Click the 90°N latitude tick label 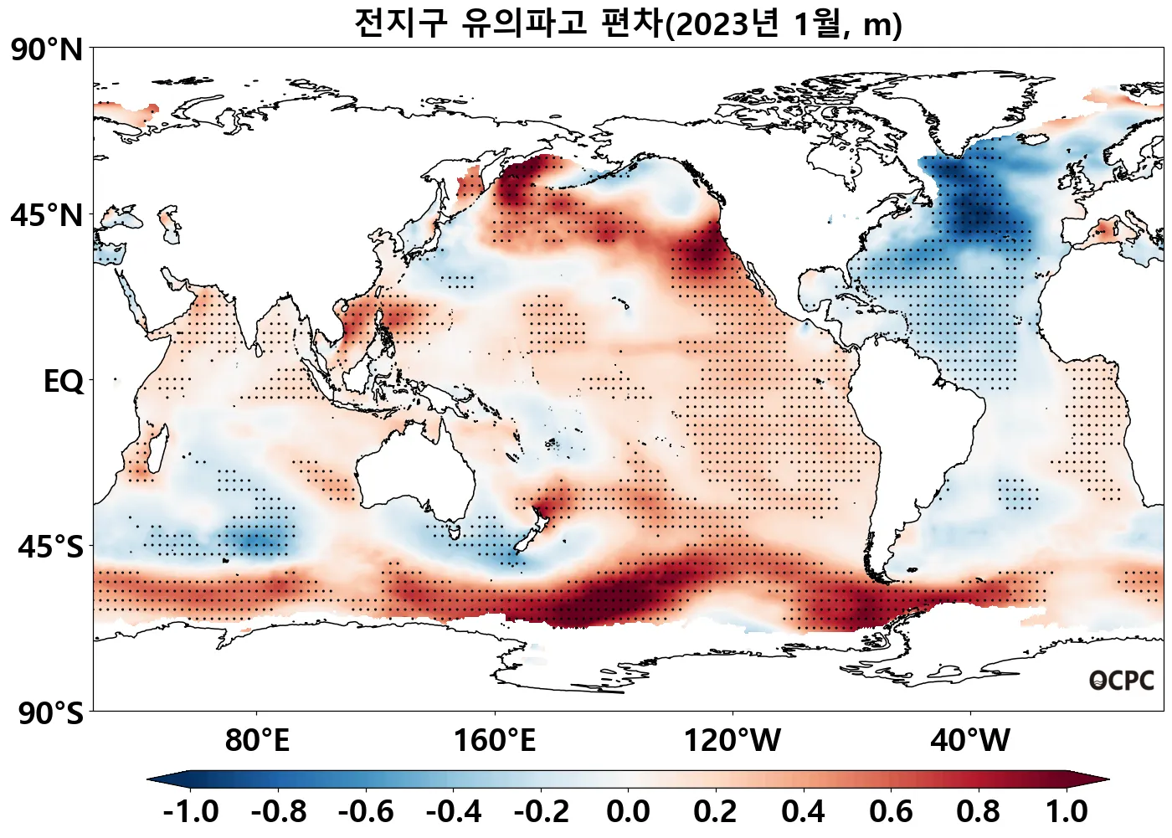pyautogui.click(x=47, y=50)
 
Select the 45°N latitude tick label pyautogui.click(x=47, y=215)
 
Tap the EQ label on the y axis pyautogui.click(x=64, y=382)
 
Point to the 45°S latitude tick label pyautogui.click(x=50, y=548)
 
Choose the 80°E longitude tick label pyautogui.click(x=257, y=741)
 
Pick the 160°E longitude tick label pyautogui.click(x=495, y=741)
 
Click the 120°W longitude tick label pyautogui.click(x=732, y=741)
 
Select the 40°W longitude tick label pyautogui.click(x=971, y=741)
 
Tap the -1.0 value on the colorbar pyautogui.click(x=191, y=812)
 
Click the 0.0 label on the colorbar pyautogui.click(x=629, y=812)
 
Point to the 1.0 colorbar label pyautogui.click(x=1067, y=812)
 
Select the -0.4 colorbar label pyautogui.click(x=454, y=812)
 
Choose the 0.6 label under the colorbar pyautogui.click(x=892, y=812)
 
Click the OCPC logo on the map pyautogui.click(x=1121, y=681)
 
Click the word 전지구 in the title pyautogui.click(x=402, y=23)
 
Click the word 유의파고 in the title pyautogui.click(x=524, y=23)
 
